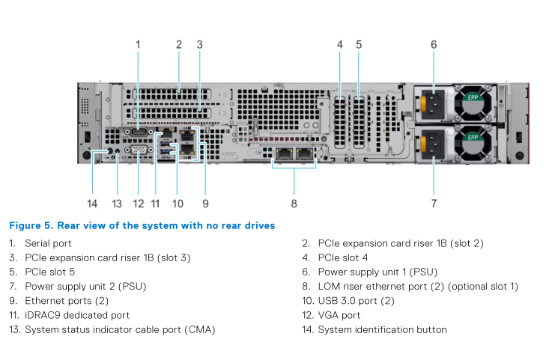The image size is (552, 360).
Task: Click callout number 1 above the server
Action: coord(138,45)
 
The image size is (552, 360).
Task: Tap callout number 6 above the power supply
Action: coord(434,45)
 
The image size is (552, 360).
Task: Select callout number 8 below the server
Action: coord(294,203)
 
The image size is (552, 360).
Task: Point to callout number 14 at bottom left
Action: coord(92,203)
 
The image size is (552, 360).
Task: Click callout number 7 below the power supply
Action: coord(434,203)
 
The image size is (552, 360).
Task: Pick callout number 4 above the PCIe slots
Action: coord(339,45)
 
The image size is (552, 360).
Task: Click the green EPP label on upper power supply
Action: coord(473,97)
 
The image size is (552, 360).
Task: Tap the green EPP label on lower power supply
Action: coord(473,138)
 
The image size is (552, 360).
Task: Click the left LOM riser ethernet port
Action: coord(285,154)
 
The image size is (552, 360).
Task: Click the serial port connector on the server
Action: coord(138,132)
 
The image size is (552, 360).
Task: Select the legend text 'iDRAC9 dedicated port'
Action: coord(77,315)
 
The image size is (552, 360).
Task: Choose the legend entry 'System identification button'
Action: coord(382,329)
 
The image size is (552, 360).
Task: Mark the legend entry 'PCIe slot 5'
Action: coord(49,272)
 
